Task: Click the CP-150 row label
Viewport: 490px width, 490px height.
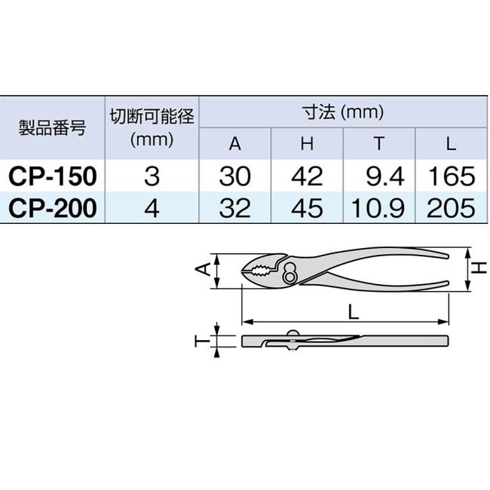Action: click(52, 176)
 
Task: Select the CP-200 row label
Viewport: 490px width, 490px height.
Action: click(52, 207)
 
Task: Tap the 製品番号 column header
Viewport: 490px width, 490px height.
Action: click(52, 127)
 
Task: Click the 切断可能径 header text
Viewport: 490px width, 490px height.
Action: click(152, 116)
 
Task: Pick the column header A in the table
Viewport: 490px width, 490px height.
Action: click(235, 144)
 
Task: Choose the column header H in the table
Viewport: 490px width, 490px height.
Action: click(307, 144)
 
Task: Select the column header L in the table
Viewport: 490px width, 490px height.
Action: click(450, 144)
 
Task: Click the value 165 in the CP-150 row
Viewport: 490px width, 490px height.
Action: click(450, 176)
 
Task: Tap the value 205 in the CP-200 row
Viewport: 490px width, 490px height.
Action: click(450, 207)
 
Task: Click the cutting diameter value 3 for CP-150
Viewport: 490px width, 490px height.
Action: click(152, 176)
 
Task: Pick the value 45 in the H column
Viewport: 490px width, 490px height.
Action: click(307, 207)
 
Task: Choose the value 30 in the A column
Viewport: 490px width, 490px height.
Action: click(235, 176)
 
